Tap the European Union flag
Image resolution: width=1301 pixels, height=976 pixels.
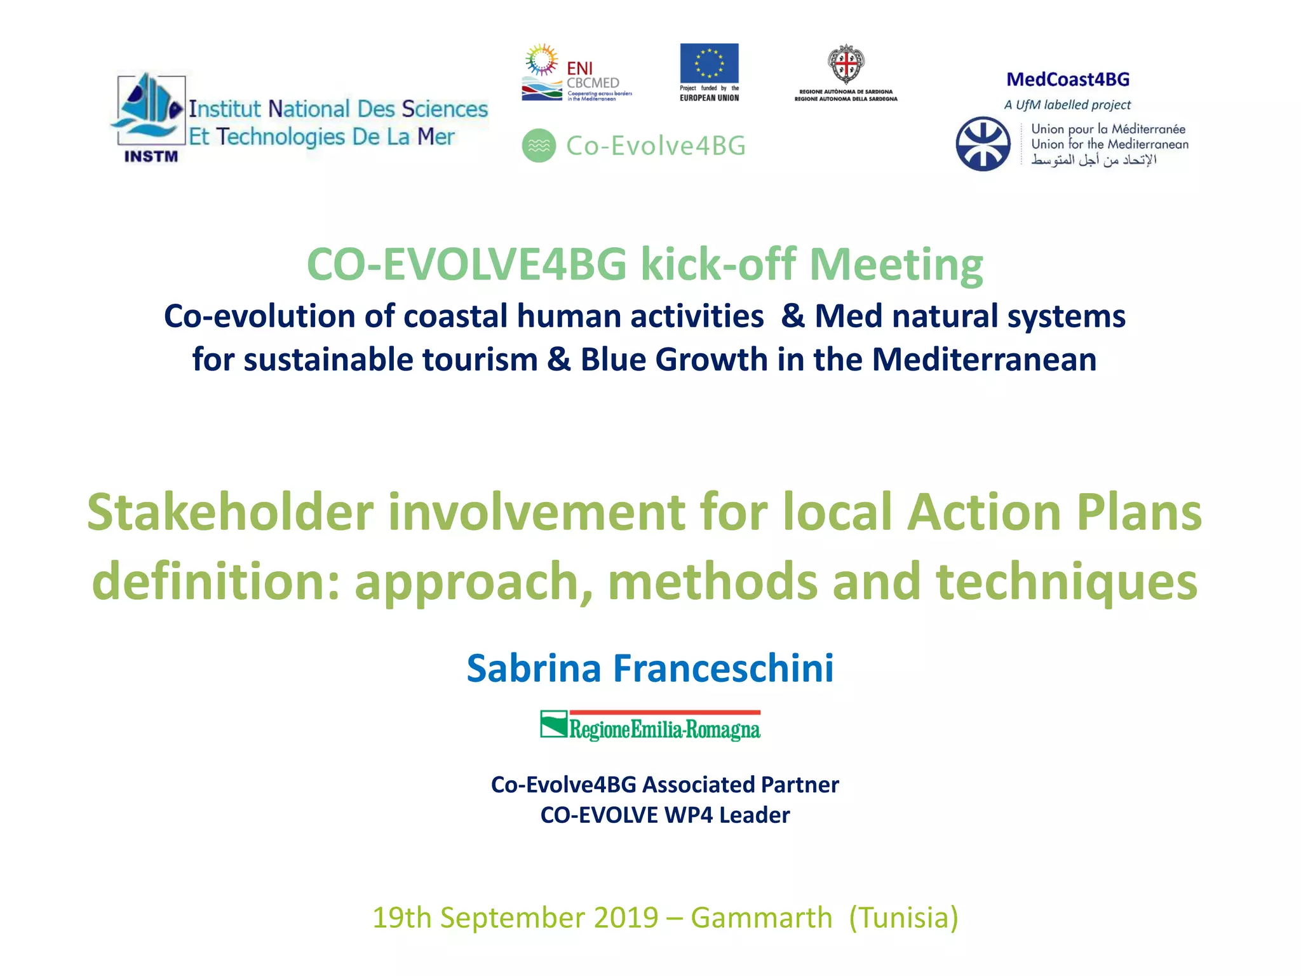click(x=709, y=63)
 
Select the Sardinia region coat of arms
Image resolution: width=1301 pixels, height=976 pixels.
click(x=846, y=64)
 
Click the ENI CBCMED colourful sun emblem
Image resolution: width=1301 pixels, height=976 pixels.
click(x=541, y=60)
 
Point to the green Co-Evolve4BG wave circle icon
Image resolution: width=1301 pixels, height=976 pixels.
click(x=539, y=146)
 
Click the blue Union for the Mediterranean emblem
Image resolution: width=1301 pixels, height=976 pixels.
click(x=983, y=144)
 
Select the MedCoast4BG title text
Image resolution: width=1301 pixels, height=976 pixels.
click(x=1068, y=79)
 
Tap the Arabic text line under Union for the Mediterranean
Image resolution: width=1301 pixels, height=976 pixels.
click(x=1093, y=160)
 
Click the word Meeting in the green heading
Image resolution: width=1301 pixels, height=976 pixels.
click(x=896, y=264)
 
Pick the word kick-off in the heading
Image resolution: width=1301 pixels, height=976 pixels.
click(x=718, y=264)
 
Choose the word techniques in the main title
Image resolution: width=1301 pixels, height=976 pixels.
click(x=1067, y=581)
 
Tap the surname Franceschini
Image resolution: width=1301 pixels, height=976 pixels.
click(x=723, y=668)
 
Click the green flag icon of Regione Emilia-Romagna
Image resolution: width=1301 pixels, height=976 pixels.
click(x=553, y=724)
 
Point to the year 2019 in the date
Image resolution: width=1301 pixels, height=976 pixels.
click(x=626, y=918)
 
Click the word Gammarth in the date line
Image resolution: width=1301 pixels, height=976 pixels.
click(x=761, y=918)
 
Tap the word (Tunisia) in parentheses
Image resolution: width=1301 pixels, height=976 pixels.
click(x=903, y=918)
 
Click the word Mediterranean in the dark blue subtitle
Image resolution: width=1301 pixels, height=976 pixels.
click(x=984, y=360)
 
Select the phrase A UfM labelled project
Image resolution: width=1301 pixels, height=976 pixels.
click(x=1067, y=105)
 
